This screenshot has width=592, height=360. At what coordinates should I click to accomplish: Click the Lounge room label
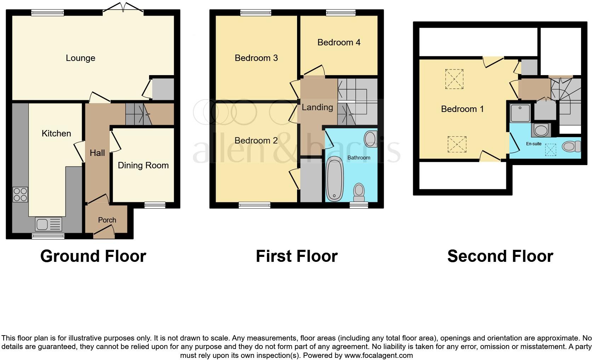(80, 58)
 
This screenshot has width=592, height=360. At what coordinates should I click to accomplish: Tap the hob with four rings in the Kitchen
(20, 195)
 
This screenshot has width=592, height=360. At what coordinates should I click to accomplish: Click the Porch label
(107, 220)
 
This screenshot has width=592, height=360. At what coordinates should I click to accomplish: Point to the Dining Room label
(143, 165)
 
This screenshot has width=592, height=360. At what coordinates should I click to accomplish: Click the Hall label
(97, 153)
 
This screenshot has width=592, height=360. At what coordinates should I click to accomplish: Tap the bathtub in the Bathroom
(335, 179)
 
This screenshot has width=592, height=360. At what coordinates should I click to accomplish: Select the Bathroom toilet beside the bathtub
(359, 192)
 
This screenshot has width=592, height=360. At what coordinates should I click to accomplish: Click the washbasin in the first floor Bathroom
(370, 137)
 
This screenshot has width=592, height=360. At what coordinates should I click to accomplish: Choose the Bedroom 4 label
(339, 43)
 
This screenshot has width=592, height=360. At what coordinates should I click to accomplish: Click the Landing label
(317, 107)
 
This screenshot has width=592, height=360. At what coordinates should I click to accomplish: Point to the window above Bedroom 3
(256, 13)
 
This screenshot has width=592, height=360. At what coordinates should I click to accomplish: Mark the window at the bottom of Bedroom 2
(254, 205)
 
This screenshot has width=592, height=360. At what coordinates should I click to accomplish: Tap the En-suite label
(534, 144)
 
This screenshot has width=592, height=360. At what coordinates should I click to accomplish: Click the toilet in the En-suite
(571, 146)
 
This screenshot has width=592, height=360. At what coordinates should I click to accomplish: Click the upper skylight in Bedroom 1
(454, 79)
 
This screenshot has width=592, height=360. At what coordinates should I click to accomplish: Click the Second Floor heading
(500, 256)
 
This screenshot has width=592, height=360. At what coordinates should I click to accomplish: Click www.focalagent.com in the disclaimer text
(378, 355)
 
